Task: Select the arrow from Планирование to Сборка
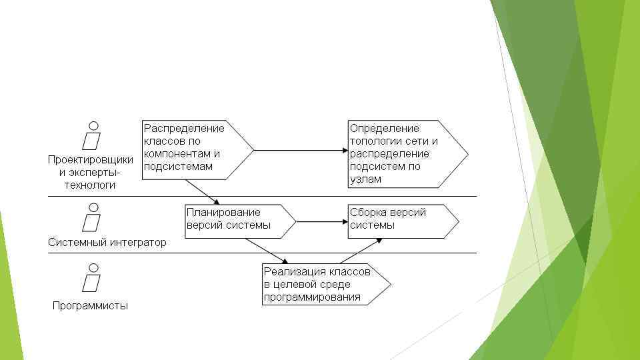[321, 221]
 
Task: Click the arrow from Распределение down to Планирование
[203, 191]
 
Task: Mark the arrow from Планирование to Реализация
[267, 251]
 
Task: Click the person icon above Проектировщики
[93, 137]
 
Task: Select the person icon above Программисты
[93, 279]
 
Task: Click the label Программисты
[90, 306]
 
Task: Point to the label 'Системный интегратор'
[107, 243]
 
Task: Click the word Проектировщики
[90, 160]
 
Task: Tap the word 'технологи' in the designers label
[90, 185]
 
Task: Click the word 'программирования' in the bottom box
[312, 297]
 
